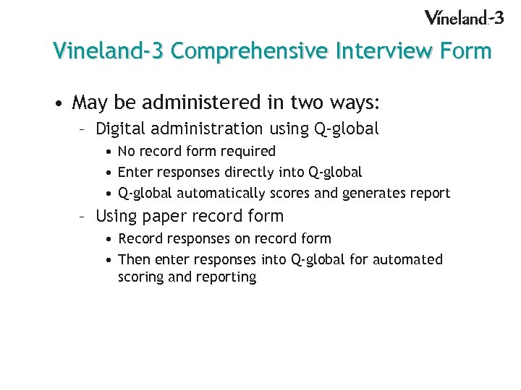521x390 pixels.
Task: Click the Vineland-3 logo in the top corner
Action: pyautogui.click(x=463, y=17)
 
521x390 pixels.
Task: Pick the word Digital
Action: pyautogui.click(x=120, y=129)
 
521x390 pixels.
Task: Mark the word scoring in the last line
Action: pyautogui.click(x=140, y=277)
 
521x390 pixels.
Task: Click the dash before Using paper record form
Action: pyautogui.click(x=84, y=216)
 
